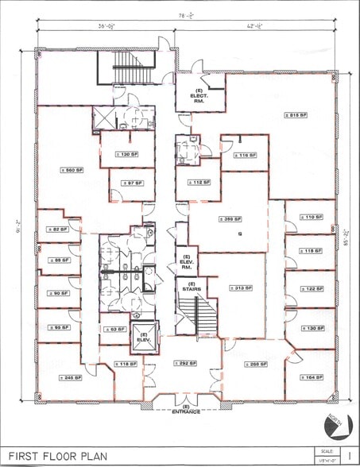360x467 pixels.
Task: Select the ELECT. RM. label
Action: (x=199, y=98)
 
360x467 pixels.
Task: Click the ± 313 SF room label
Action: (x=237, y=289)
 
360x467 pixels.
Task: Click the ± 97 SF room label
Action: (x=131, y=183)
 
